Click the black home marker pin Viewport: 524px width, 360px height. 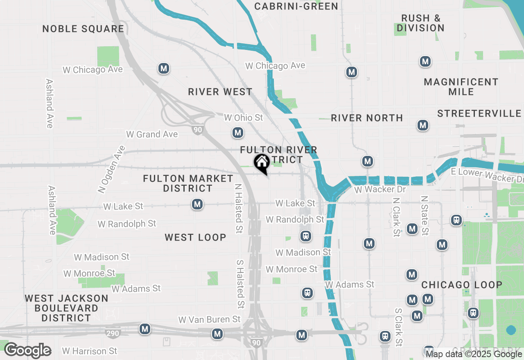tap(262, 163)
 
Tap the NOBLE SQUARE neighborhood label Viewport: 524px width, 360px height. tap(83, 29)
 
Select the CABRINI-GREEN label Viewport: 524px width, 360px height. tap(296, 6)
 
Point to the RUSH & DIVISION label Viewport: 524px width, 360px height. tap(420, 23)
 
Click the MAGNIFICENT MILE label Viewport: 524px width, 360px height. tap(461, 87)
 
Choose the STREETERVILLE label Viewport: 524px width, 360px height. tap(479, 113)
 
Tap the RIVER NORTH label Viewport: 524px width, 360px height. tap(367, 118)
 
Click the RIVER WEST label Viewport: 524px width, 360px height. tap(220, 92)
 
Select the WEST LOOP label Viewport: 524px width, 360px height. tap(195, 238)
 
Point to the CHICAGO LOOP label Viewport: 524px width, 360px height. tap(462, 285)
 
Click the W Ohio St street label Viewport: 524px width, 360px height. tap(243, 118)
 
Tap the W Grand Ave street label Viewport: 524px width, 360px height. tap(152, 134)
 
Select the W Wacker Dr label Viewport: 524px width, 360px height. tap(379, 190)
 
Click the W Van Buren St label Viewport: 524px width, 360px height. tap(209, 319)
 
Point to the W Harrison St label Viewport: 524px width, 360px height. tap(89, 351)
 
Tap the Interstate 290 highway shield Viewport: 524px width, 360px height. tap(113, 333)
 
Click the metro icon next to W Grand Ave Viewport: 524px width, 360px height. tap(237, 133)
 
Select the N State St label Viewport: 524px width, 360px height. tap(425, 216)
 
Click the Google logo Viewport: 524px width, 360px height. tap(27, 351)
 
